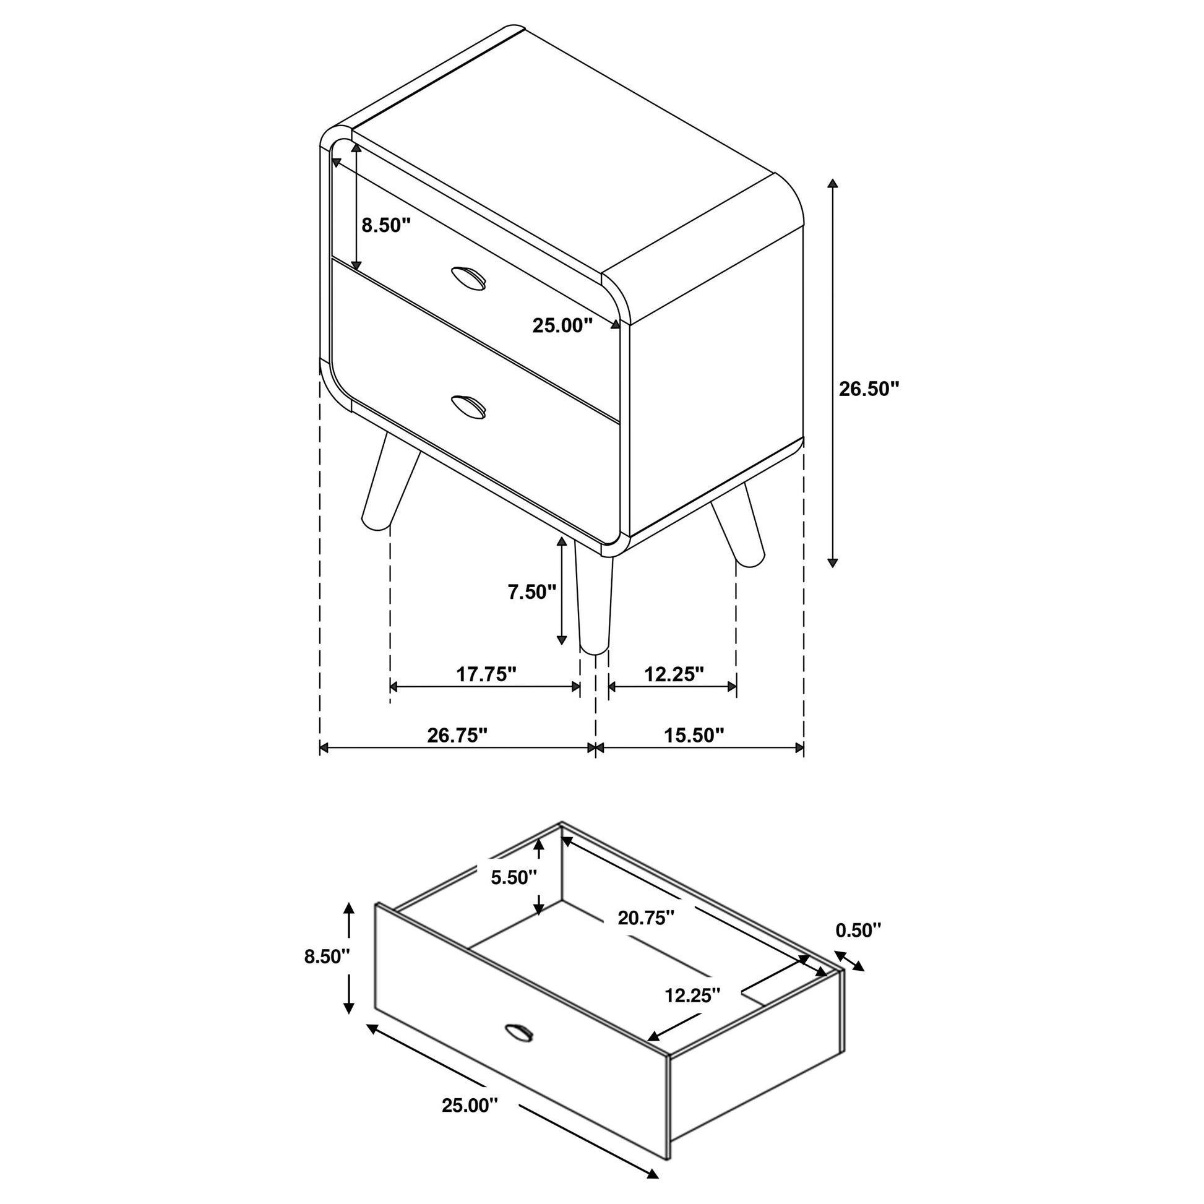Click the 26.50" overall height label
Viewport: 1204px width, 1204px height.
(x=869, y=389)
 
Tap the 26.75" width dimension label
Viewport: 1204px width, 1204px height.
(x=457, y=736)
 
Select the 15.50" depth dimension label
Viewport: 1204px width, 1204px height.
(x=694, y=736)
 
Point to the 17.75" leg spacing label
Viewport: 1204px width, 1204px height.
(x=486, y=674)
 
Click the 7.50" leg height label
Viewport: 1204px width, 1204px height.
(x=531, y=592)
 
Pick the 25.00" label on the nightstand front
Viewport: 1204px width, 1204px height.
(x=562, y=325)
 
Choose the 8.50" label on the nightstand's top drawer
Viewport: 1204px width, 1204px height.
(x=386, y=225)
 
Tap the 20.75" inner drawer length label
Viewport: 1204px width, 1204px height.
(x=647, y=918)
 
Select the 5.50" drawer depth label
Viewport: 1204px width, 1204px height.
(x=514, y=877)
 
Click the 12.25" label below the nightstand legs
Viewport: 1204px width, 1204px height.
(x=674, y=674)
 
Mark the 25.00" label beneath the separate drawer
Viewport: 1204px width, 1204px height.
(x=470, y=1106)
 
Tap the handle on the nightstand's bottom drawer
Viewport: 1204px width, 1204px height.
(x=468, y=406)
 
